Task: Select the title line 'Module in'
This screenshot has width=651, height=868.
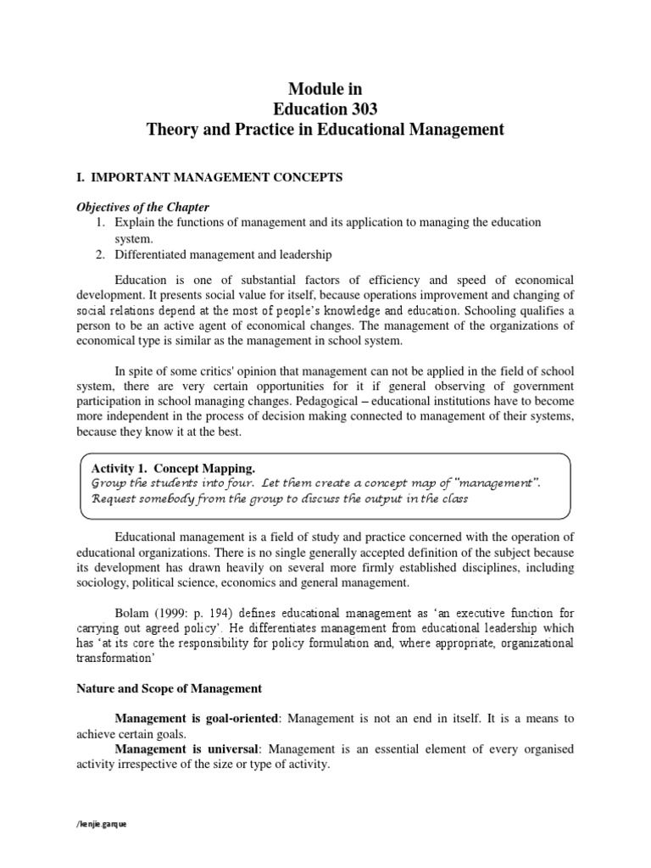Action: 325,87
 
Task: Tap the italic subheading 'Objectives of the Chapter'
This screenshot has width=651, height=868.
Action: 142,207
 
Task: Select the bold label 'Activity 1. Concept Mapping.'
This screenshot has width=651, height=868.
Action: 172,468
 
